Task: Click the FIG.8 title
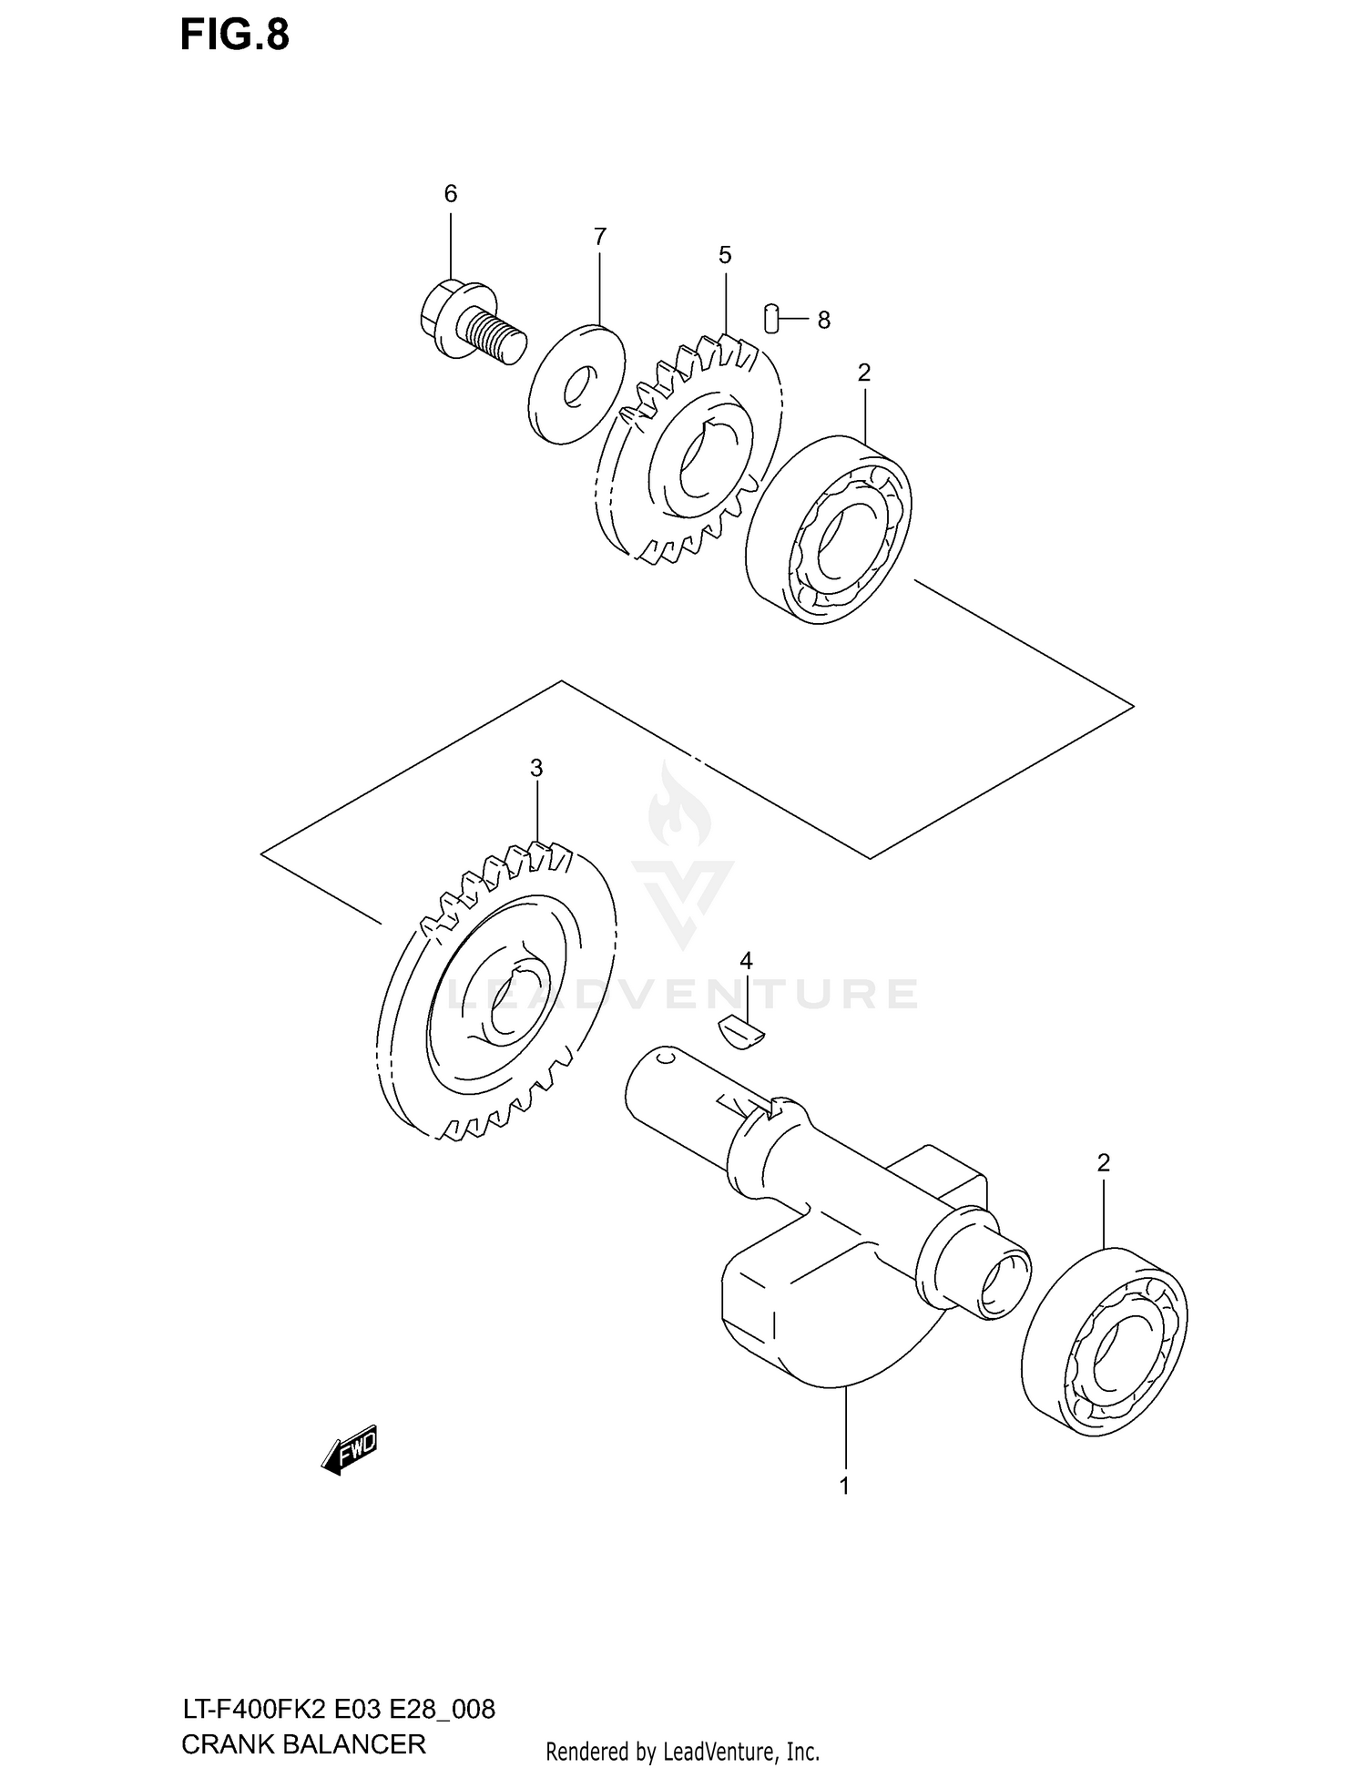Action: coord(234,35)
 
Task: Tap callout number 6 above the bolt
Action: coord(450,193)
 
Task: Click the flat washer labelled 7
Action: coord(577,384)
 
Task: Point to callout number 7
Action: coord(599,237)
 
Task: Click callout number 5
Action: coord(725,255)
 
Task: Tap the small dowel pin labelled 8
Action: coord(771,319)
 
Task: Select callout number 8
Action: coord(823,320)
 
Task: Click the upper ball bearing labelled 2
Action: coord(829,530)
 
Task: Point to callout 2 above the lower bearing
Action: coord(1104,1162)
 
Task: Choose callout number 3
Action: coord(536,768)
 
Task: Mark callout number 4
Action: coord(746,960)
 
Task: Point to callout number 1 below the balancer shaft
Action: coord(844,1486)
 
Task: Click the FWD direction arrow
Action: coord(350,1449)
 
